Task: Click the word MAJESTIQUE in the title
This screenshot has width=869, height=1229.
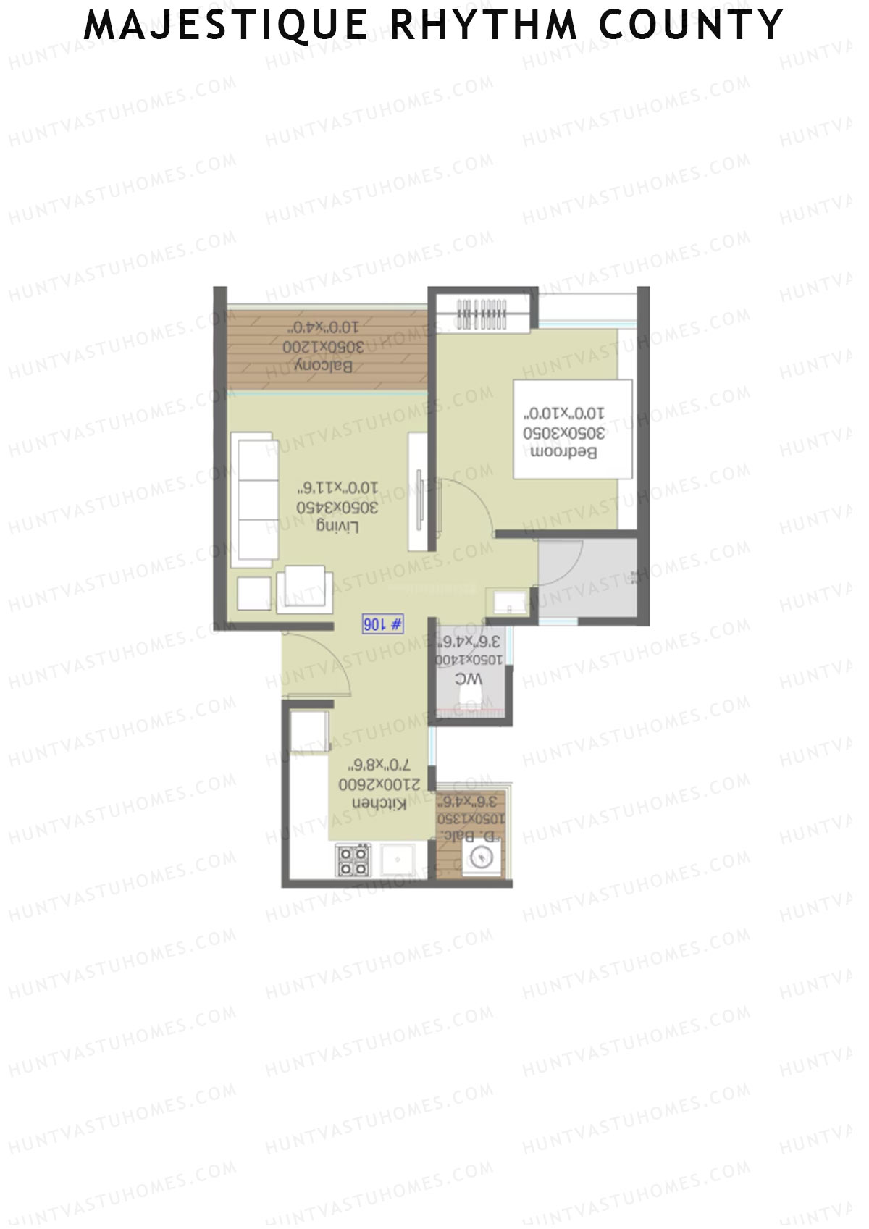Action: (x=226, y=25)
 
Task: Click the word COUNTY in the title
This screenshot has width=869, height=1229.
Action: (x=692, y=25)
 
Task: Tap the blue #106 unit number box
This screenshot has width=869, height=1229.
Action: (x=382, y=624)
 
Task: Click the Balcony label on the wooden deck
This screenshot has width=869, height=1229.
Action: (x=324, y=366)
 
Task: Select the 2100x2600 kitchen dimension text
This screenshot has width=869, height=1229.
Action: (x=374, y=784)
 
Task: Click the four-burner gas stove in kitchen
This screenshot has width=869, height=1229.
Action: (x=353, y=862)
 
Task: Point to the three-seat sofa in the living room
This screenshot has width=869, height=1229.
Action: (x=253, y=500)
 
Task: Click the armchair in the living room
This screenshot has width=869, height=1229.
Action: (x=305, y=589)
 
